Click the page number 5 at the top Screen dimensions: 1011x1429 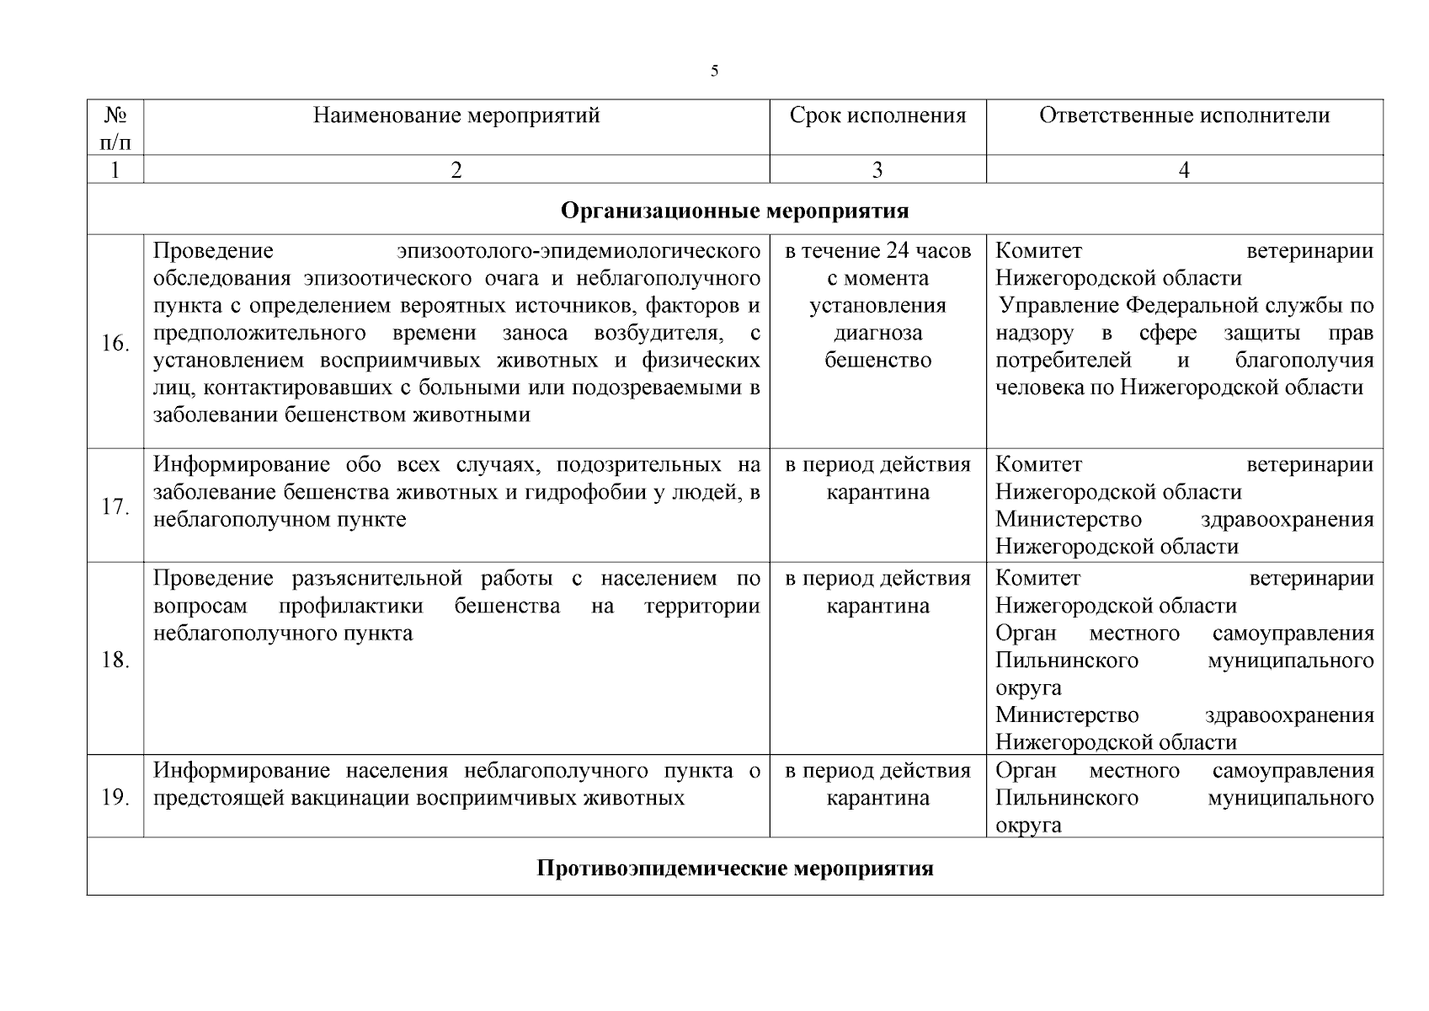click(x=714, y=71)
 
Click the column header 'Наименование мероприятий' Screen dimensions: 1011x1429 click(x=456, y=115)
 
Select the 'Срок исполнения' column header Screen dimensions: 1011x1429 click(x=877, y=115)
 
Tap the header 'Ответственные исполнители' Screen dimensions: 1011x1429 click(x=1184, y=115)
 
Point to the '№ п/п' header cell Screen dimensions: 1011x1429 click(x=115, y=127)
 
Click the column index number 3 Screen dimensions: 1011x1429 click(x=877, y=170)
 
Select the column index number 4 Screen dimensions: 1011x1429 click(x=1184, y=170)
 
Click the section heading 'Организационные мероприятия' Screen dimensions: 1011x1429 click(x=734, y=210)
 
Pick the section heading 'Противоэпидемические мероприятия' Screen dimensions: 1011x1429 click(x=734, y=868)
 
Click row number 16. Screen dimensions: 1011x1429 click(x=115, y=344)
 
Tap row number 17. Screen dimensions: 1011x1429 click(x=115, y=507)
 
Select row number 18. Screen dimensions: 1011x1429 click(x=115, y=660)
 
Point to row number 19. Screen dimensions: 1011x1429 click(x=115, y=797)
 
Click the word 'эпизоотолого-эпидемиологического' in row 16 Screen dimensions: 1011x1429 click(x=579, y=251)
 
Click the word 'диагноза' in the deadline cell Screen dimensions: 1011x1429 click(x=877, y=333)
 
